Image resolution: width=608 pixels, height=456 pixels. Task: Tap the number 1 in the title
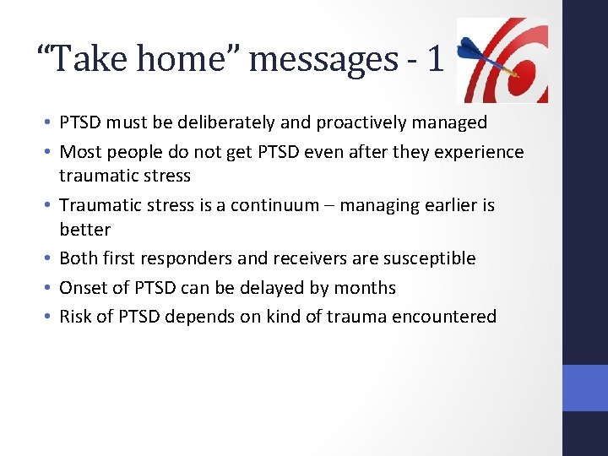point(434,59)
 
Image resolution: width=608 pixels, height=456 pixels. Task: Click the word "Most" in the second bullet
point(80,152)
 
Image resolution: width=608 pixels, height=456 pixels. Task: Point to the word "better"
point(84,230)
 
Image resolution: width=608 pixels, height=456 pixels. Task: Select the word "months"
point(365,288)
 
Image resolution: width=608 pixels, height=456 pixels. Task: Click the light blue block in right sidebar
point(585,388)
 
